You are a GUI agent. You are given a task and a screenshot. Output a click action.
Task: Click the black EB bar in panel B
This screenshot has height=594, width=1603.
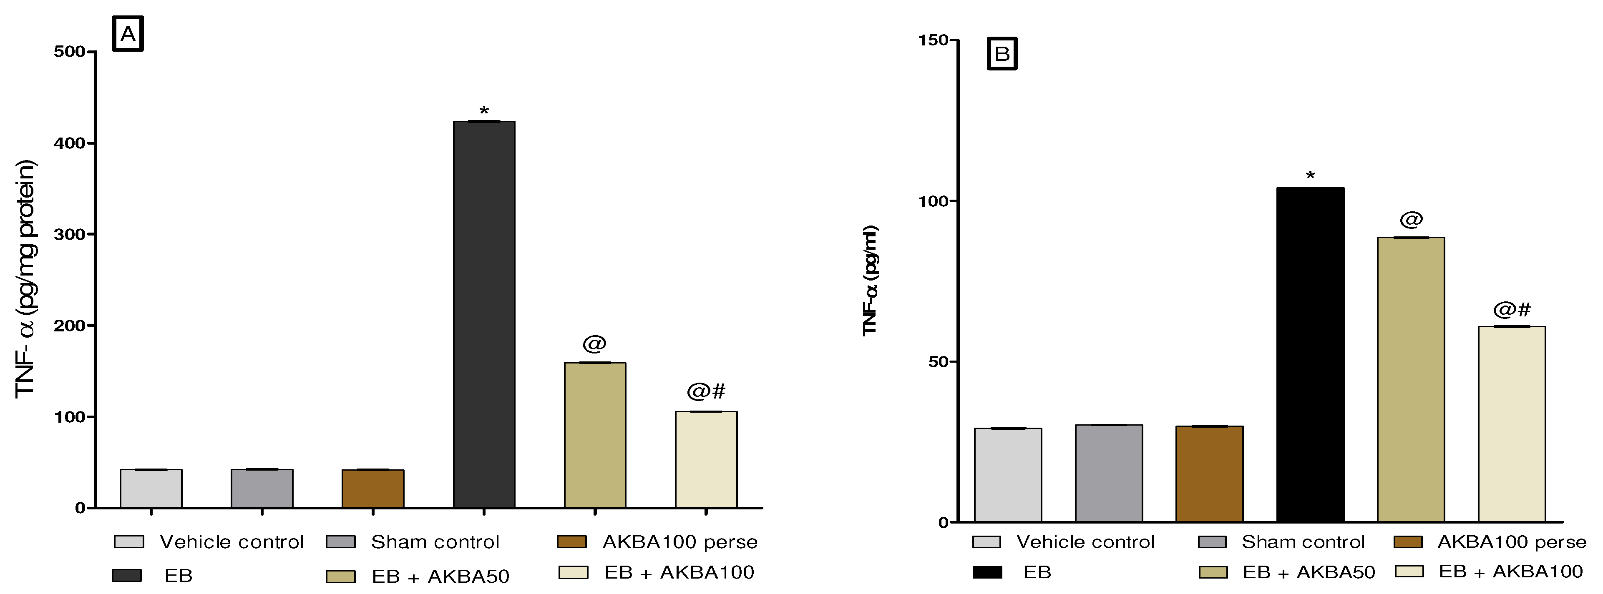pyautogui.click(x=1309, y=355)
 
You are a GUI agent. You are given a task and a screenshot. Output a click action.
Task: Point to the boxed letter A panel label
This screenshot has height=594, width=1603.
pyautogui.click(x=128, y=34)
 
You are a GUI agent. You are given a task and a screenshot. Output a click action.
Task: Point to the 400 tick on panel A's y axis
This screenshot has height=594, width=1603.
pyautogui.click(x=70, y=143)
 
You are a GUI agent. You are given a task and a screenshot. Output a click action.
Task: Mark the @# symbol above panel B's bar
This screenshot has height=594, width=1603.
pyautogui.click(x=1512, y=310)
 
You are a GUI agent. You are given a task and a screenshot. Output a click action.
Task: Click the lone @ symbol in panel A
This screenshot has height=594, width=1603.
pyautogui.click(x=594, y=343)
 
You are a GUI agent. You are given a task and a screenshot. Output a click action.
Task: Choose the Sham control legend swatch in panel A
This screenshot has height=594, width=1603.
pyautogui.click(x=340, y=542)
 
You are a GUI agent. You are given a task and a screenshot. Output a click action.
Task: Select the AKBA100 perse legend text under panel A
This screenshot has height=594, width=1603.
pyautogui.click(x=679, y=542)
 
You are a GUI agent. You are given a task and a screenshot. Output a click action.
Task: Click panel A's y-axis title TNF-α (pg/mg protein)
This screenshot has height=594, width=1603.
pyautogui.click(x=26, y=278)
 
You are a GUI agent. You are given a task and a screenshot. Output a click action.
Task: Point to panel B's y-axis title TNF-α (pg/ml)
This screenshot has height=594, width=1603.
pyautogui.click(x=870, y=281)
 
